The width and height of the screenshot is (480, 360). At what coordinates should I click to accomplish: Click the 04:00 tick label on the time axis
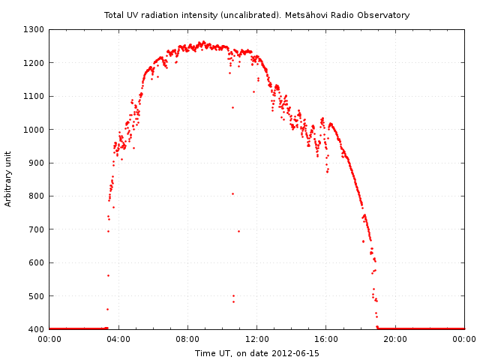tap(118, 339)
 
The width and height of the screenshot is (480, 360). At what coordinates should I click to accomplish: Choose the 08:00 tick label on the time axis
tap(187, 339)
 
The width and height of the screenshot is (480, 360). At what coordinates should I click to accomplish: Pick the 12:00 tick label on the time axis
tap(256, 339)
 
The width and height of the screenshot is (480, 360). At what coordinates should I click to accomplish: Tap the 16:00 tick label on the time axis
tap(326, 339)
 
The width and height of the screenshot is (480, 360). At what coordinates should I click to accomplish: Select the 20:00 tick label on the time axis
tap(395, 339)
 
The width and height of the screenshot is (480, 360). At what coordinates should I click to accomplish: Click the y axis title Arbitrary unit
tap(9, 179)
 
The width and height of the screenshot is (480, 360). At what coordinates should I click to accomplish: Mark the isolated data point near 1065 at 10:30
tap(232, 107)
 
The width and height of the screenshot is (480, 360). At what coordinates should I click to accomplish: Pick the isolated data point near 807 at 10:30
tap(232, 193)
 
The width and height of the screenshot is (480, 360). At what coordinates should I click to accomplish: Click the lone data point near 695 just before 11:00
tap(238, 231)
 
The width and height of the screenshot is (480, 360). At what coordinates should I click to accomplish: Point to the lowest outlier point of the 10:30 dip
tap(233, 301)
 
